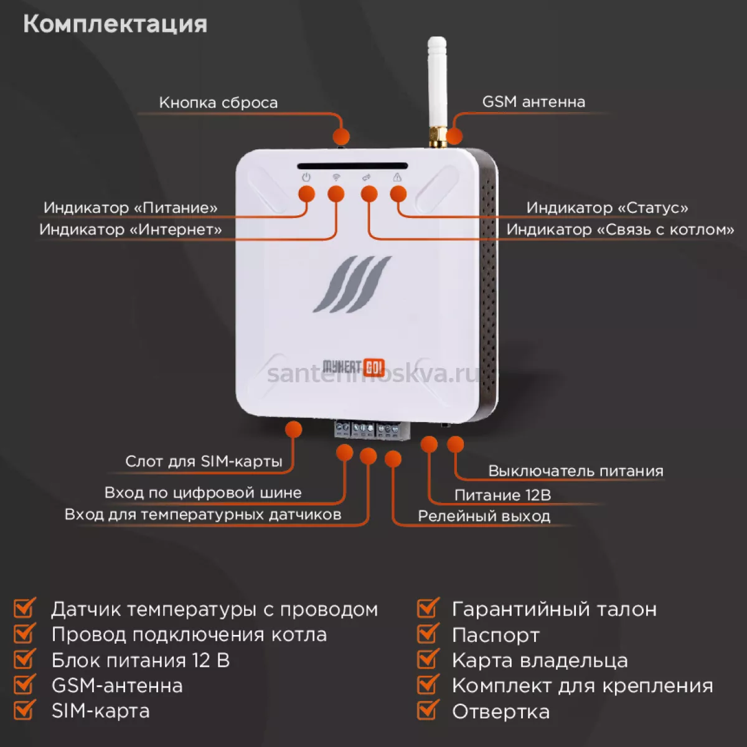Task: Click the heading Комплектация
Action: pos(115,24)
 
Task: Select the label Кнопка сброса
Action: pos(218,103)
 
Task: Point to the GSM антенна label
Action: pos(533,102)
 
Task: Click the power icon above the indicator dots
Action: pos(306,177)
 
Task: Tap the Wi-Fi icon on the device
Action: pos(336,177)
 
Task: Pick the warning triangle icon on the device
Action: pos(397,177)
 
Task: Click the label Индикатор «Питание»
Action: pos(131,208)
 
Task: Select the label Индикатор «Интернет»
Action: pos(131,230)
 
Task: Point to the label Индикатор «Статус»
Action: pos(607,208)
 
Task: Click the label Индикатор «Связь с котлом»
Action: pos(620,230)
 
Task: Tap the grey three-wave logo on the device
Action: pos(352,284)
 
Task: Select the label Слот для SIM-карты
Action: pos(204,461)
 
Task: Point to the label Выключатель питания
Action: pos(576,471)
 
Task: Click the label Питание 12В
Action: pos(502,495)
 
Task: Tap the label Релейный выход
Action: pos(484,516)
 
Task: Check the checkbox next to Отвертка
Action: pos(428,710)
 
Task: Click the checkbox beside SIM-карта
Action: pos(24,710)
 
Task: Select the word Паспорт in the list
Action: pos(496,636)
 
